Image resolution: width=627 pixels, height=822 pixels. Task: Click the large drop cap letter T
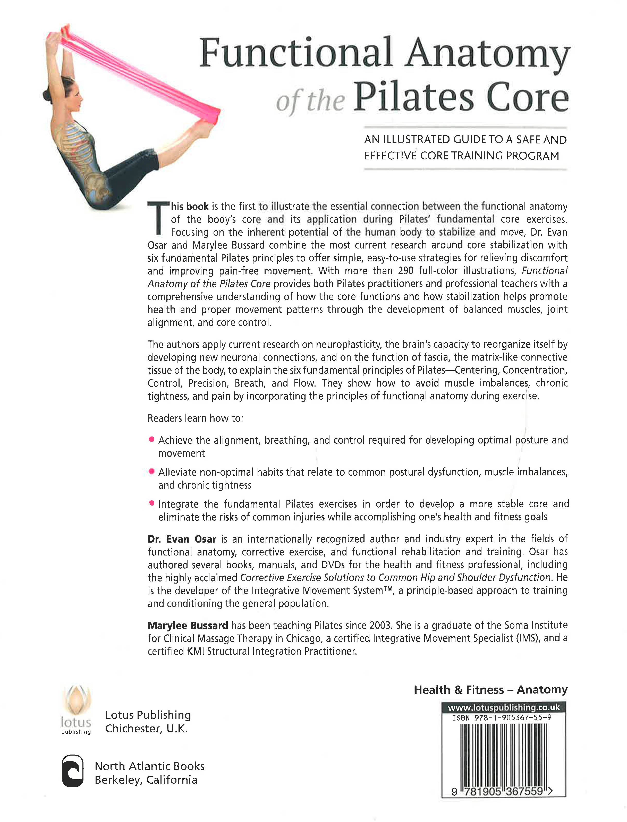158,218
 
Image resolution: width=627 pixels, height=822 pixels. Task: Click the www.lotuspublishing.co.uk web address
503,707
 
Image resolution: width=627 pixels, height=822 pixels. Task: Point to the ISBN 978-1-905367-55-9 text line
502,717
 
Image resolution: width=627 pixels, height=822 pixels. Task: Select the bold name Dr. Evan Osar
182,539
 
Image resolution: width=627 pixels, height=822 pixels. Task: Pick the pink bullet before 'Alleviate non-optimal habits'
151,471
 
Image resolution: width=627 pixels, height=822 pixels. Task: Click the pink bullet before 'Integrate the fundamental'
151,503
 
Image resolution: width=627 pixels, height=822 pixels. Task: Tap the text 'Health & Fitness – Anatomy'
490,690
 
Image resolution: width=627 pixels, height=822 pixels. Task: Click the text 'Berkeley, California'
146,780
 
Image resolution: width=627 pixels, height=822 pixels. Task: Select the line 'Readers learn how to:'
195,418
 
